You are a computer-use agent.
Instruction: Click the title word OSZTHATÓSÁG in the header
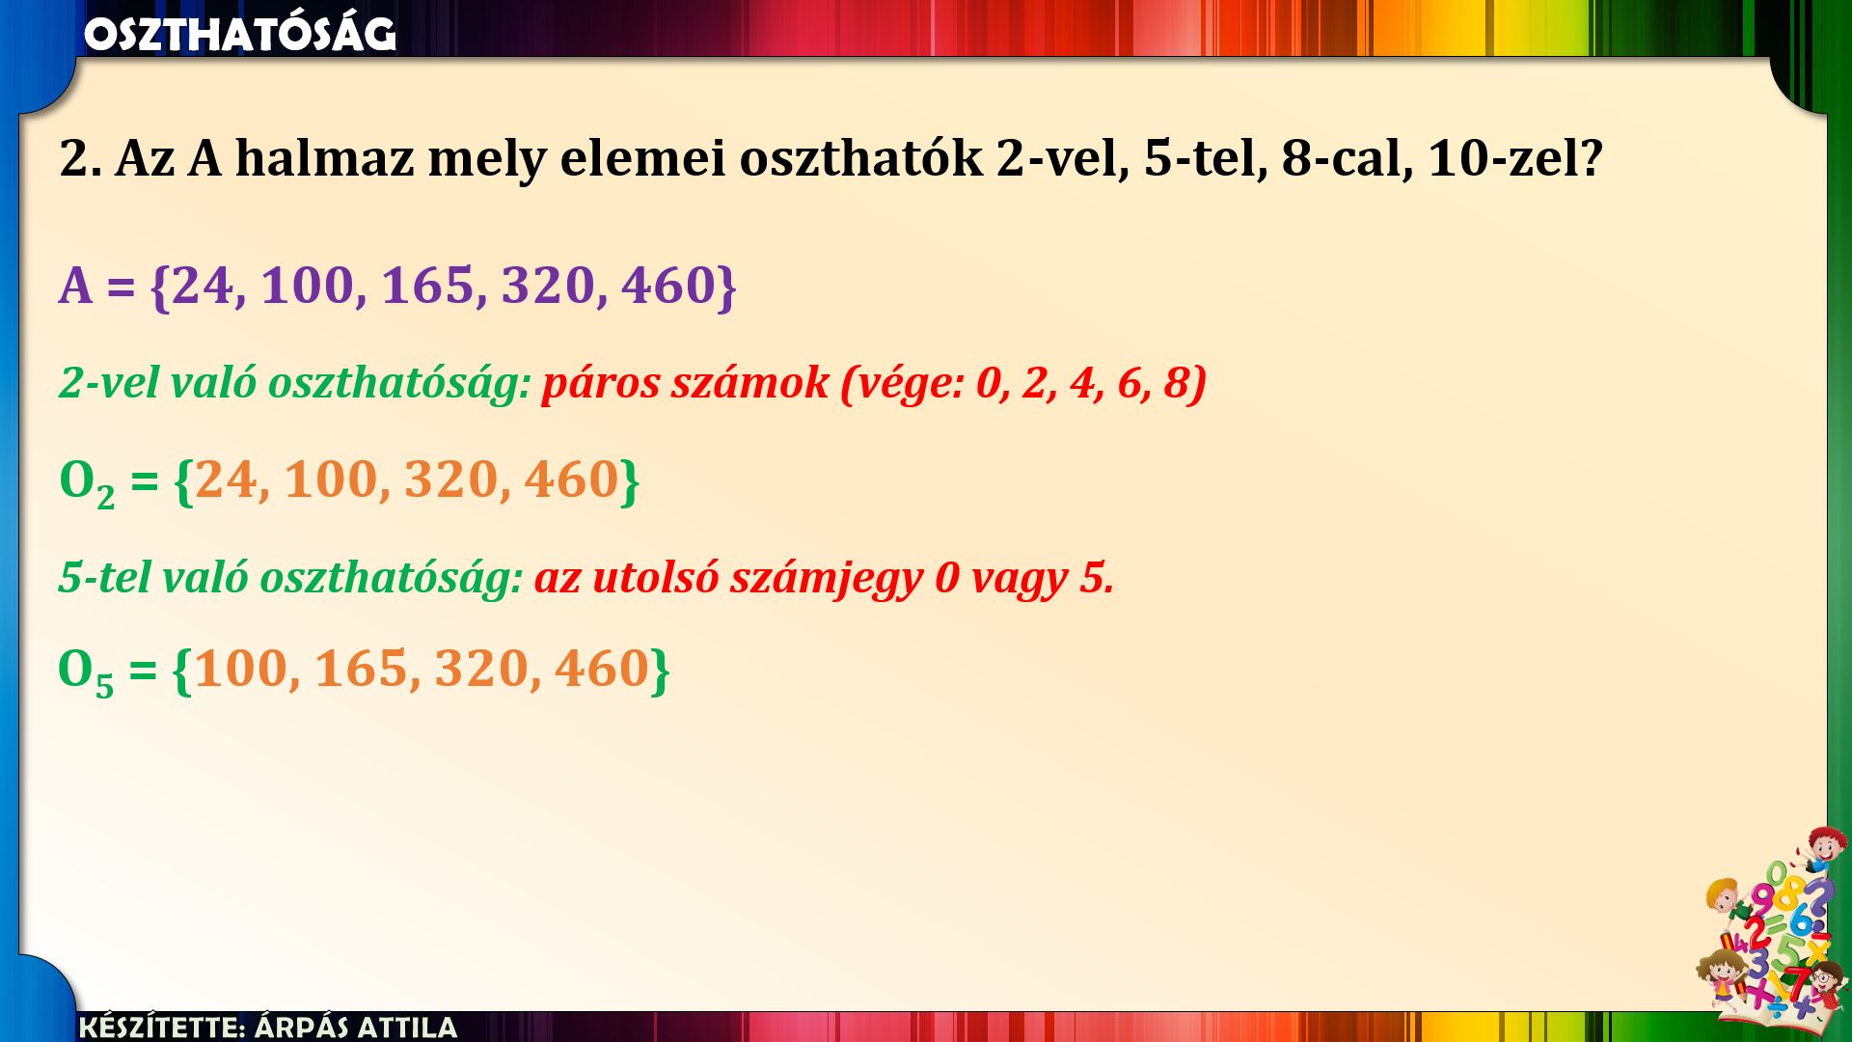point(240,34)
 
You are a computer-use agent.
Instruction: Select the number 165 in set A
point(428,286)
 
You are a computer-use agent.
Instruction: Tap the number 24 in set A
point(203,286)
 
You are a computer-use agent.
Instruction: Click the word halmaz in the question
point(324,158)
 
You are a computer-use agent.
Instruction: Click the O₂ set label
point(87,482)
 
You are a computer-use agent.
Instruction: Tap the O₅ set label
point(86,672)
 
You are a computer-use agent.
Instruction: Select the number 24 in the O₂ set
point(226,480)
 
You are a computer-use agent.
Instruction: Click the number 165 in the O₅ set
point(362,669)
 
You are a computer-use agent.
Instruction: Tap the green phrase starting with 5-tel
point(290,577)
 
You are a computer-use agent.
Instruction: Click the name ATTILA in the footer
point(407,1027)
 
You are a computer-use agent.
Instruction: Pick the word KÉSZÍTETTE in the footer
point(162,1027)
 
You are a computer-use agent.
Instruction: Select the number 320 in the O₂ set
point(451,480)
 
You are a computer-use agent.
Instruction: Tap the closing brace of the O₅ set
point(660,671)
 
